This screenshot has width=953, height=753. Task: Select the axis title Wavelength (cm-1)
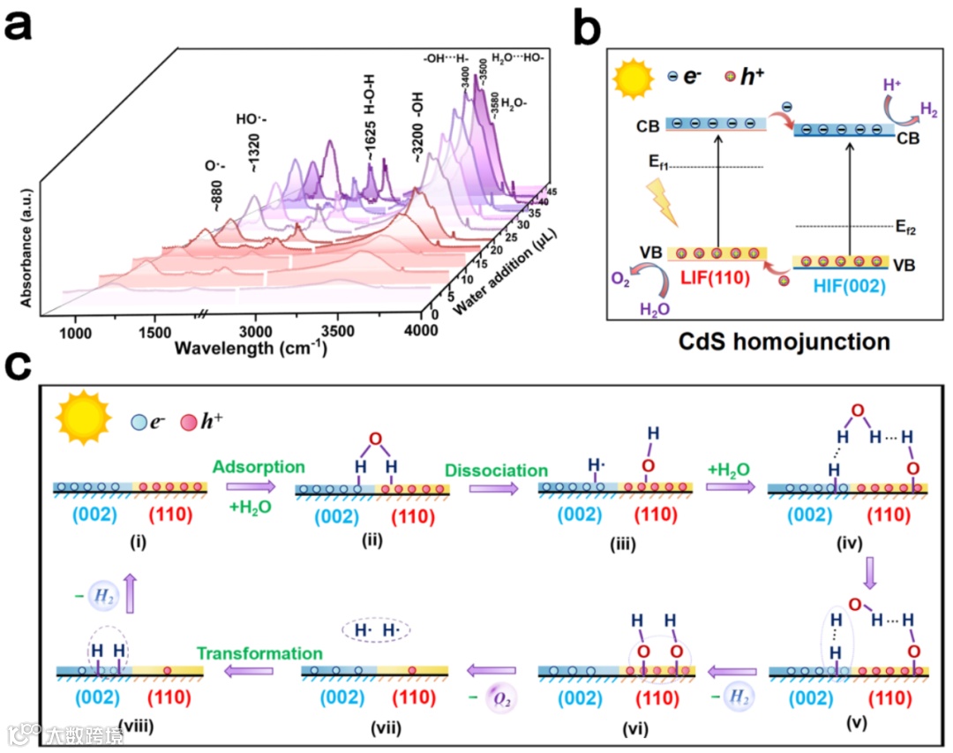coord(251,347)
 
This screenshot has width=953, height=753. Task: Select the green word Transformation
coord(259,654)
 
